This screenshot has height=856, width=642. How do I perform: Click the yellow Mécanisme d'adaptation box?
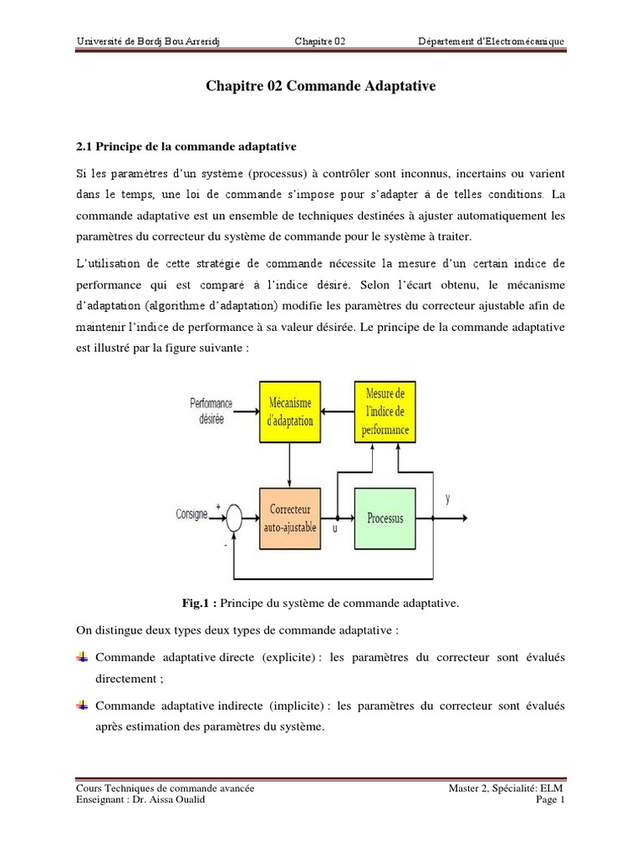[x=290, y=411]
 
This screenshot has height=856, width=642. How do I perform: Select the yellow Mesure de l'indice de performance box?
[x=385, y=411]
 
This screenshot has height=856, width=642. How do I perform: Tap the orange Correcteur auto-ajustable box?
[x=290, y=517]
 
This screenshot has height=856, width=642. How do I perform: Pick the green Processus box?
[x=385, y=517]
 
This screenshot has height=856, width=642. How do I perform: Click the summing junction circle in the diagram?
[x=235, y=518]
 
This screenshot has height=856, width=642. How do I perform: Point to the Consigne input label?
[x=192, y=514]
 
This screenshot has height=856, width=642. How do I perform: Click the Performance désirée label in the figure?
[x=212, y=411]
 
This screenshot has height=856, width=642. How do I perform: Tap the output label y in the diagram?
[x=448, y=498]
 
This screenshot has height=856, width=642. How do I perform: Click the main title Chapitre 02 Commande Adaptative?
[x=320, y=86]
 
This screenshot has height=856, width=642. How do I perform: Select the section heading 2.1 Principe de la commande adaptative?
[x=186, y=146]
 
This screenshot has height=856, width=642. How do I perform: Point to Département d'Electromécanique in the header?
[x=492, y=42]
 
